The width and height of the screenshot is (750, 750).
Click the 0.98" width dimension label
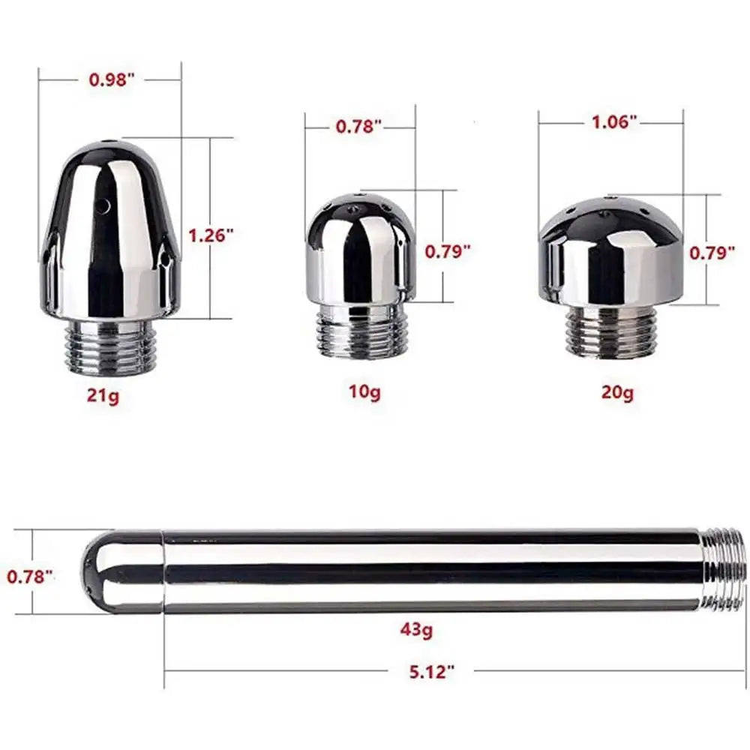click(111, 80)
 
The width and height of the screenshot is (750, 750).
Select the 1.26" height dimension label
click(211, 235)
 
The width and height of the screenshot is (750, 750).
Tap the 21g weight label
click(103, 396)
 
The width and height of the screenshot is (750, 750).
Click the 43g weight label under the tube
click(415, 631)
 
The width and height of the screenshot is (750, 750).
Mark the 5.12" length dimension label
click(431, 672)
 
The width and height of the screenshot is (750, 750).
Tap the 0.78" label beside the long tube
click(31, 577)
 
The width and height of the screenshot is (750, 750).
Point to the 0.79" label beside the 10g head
click(448, 251)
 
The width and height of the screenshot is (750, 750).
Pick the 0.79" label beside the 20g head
click(711, 253)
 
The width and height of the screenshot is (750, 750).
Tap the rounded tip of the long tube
click(120, 571)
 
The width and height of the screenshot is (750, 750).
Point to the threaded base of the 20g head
click(611, 331)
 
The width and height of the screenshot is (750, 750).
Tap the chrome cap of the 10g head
click(362, 247)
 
